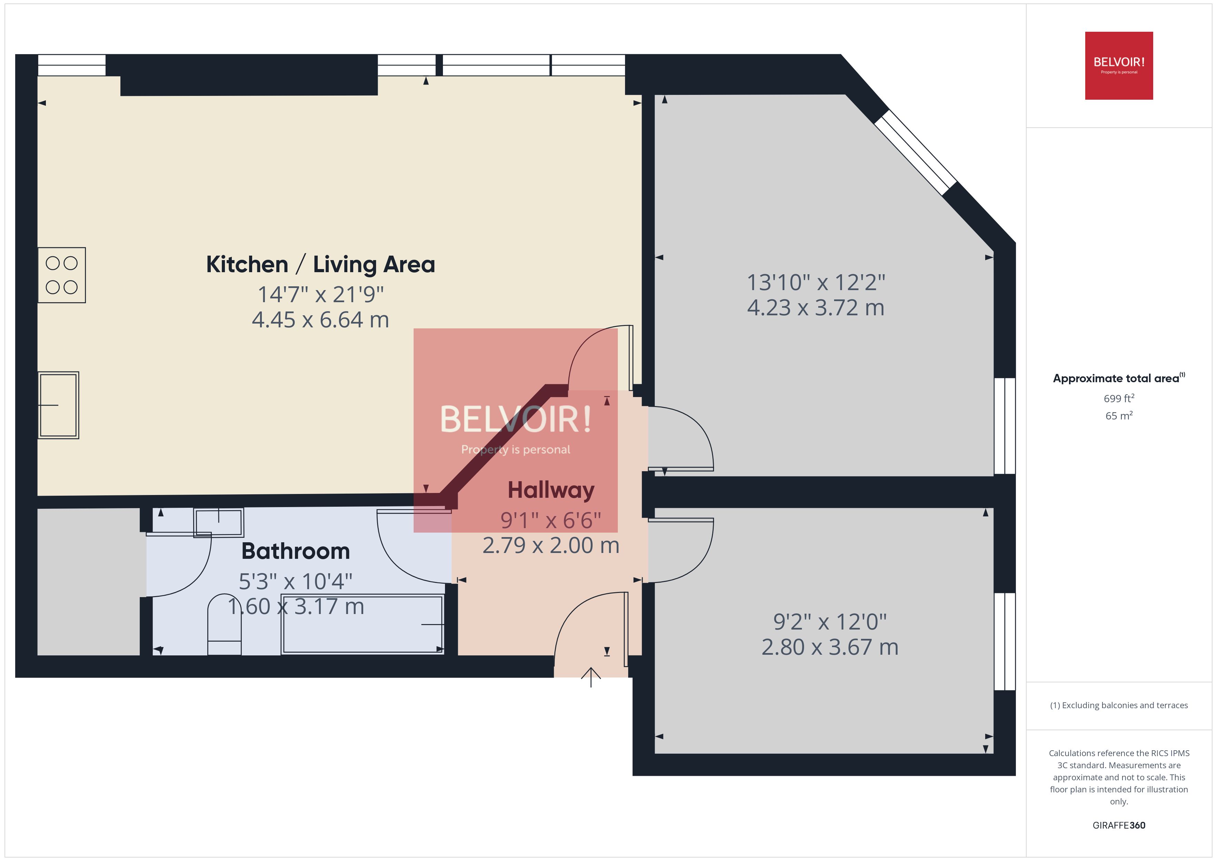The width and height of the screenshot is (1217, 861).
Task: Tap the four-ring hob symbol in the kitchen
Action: [61, 275]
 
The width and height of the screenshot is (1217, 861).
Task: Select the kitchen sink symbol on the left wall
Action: [58, 405]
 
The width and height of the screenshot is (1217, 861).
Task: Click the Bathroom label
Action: [295, 551]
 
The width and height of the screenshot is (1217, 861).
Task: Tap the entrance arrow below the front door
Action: [591, 677]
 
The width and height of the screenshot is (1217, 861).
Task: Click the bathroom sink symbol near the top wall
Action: [218, 522]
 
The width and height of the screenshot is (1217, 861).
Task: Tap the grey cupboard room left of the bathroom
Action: [89, 582]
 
